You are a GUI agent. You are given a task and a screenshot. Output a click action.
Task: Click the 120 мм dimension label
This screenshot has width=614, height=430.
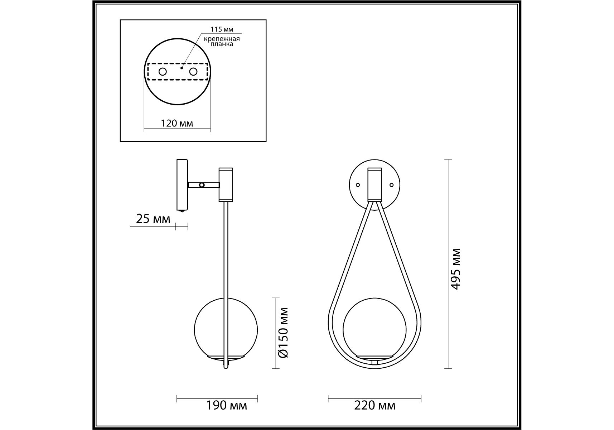point(177,123)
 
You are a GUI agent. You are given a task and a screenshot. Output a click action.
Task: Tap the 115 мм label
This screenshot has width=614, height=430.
point(222,30)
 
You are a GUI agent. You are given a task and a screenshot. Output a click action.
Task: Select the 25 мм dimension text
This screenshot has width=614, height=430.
point(153,219)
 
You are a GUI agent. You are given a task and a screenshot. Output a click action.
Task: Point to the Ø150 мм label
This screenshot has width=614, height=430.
point(284,333)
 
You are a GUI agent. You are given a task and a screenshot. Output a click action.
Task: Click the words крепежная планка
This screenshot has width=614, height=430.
point(222,41)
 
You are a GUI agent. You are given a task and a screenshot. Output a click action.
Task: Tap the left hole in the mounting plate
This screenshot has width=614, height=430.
point(163,72)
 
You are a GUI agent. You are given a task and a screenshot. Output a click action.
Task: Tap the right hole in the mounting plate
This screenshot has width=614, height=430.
point(193,72)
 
